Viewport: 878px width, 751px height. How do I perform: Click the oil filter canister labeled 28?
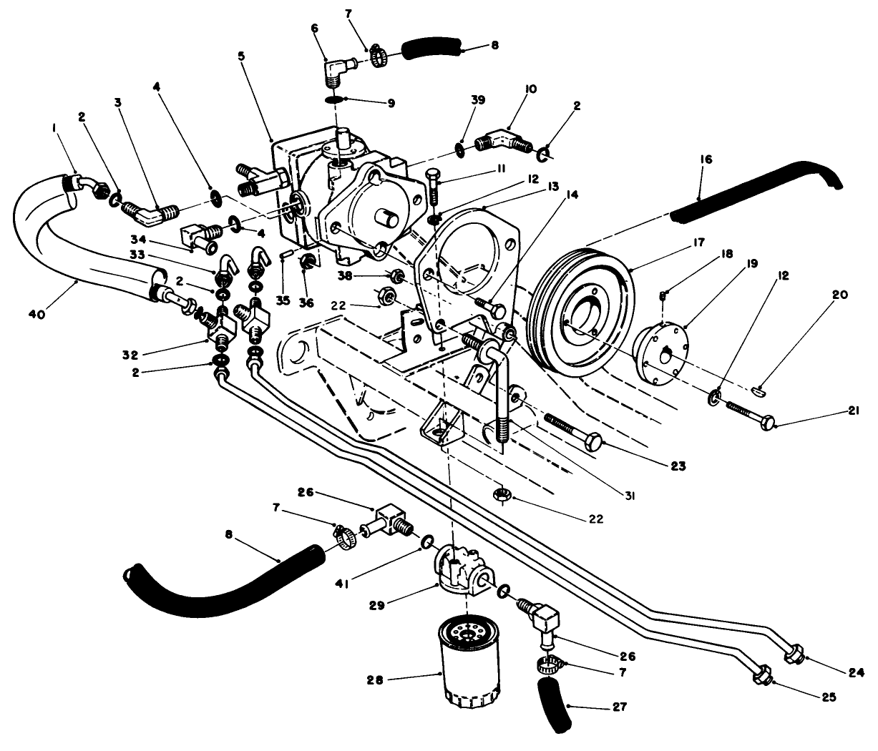pyautogui.click(x=466, y=664)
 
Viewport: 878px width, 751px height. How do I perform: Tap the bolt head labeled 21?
pyautogui.click(x=767, y=425)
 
